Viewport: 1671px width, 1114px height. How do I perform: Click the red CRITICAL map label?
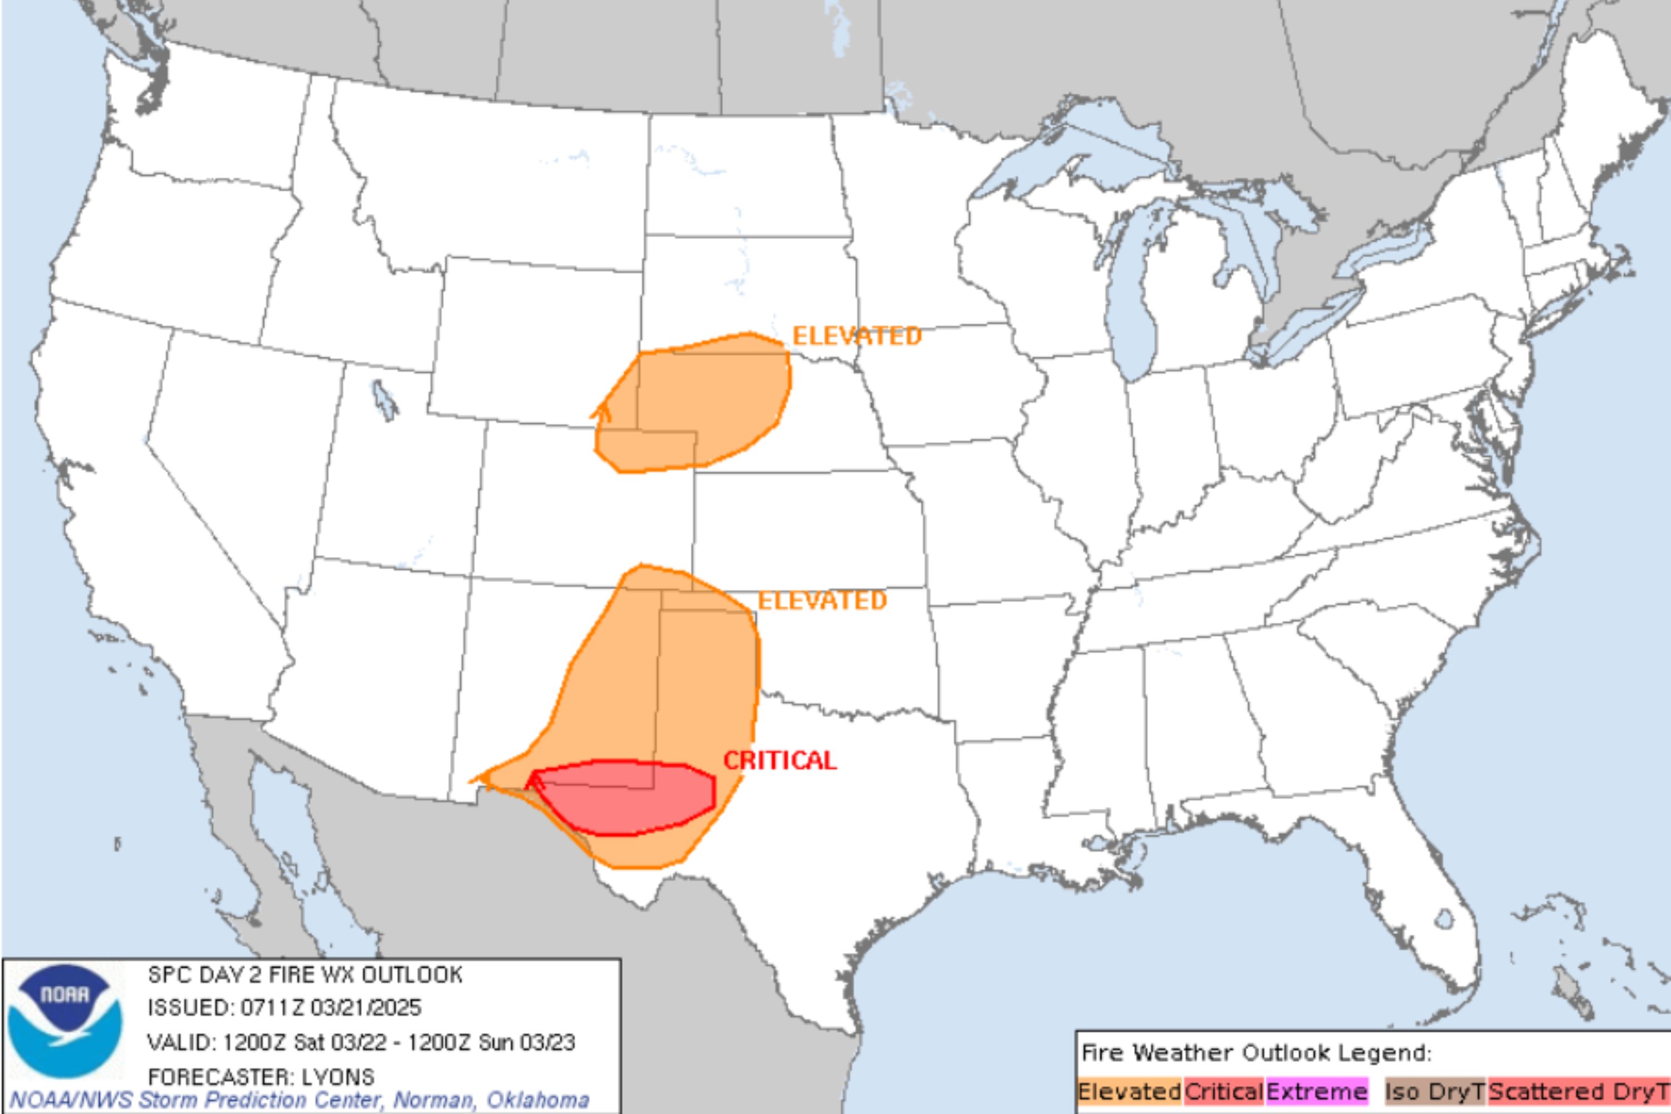tap(779, 761)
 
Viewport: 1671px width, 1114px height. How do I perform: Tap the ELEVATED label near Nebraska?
tap(856, 335)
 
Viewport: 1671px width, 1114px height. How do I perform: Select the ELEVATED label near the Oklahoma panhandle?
tap(822, 601)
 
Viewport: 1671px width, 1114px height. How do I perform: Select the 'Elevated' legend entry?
tap(1129, 1092)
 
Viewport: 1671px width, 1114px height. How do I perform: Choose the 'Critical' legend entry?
tap(1223, 1092)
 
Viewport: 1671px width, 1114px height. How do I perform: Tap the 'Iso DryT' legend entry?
tap(1434, 1092)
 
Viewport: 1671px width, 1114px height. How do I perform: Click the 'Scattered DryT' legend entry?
tap(1577, 1092)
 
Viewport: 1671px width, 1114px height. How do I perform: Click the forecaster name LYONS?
tap(338, 1077)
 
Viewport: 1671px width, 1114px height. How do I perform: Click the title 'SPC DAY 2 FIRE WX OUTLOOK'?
tap(305, 975)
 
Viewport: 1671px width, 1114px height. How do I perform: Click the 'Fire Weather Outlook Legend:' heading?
tap(1256, 1053)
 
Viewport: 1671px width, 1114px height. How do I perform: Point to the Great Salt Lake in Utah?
tap(384, 400)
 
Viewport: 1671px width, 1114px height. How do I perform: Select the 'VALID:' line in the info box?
tap(360, 1042)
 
